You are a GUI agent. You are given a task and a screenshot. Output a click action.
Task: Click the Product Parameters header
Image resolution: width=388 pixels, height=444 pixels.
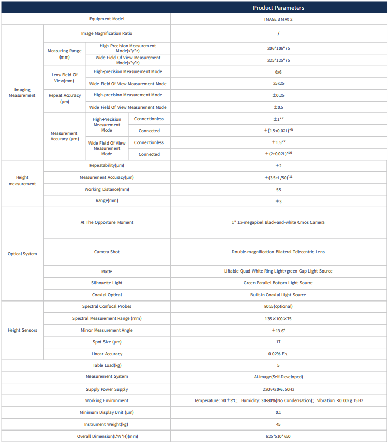pyautogui.click(x=278, y=8)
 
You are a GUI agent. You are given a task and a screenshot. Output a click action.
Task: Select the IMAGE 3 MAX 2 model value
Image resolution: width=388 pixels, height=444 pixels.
pyautogui.click(x=278, y=19)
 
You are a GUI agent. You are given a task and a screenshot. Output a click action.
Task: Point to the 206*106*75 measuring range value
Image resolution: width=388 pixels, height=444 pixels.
pyautogui.click(x=278, y=48)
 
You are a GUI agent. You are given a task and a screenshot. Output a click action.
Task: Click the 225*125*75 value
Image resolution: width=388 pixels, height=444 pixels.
pyautogui.click(x=278, y=60)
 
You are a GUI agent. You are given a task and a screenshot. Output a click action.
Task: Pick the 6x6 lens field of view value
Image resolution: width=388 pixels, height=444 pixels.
pyautogui.click(x=278, y=72)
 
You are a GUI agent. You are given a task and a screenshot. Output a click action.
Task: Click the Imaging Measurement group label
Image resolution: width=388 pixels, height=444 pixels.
pyautogui.click(x=22, y=92)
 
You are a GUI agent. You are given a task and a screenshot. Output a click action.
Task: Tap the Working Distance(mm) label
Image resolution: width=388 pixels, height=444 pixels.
pyautogui.click(x=107, y=189)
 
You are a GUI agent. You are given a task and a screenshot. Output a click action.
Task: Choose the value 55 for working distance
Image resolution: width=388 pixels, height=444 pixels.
pyautogui.click(x=278, y=190)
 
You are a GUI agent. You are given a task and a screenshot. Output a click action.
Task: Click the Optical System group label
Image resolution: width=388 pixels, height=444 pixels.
pyautogui.click(x=22, y=254)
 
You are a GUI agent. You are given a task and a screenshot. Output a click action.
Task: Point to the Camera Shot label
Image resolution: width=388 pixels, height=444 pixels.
pyautogui.click(x=107, y=252)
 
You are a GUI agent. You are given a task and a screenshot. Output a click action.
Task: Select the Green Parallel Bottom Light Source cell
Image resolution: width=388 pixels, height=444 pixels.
pyautogui.click(x=278, y=283)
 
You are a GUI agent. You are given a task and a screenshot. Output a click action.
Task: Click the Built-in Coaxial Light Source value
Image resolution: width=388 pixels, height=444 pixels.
pyautogui.click(x=278, y=295)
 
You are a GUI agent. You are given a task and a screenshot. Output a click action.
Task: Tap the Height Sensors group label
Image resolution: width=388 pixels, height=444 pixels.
pyautogui.click(x=22, y=330)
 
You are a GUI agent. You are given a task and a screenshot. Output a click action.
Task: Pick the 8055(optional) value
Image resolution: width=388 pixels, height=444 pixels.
pyautogui.click(x=278, y=306)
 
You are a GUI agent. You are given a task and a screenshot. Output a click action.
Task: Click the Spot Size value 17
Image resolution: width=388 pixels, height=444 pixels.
pyautogui.click(x=278, y=342)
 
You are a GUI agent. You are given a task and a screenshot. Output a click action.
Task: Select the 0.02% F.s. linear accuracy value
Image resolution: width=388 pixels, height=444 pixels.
pyautogui.click(x=278, y=354)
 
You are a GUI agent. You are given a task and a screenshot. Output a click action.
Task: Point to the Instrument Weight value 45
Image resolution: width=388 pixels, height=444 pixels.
pyautogui.click(x=278, y=424)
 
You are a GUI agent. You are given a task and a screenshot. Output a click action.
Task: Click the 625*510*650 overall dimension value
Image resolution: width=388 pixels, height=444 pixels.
pyautogui.click(x=278, y=436)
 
